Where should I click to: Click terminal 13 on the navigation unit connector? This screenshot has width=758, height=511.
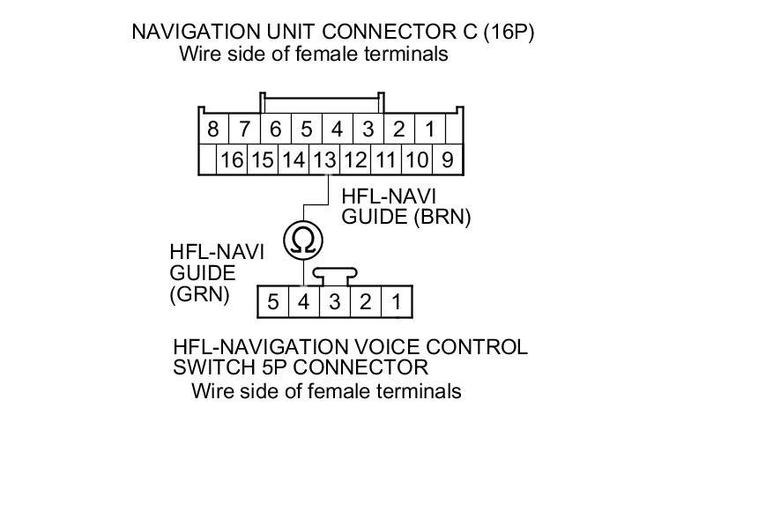click(x=324, y=159)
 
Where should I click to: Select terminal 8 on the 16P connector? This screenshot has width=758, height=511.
click(x=212, y=130)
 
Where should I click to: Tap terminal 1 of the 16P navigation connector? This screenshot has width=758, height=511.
click(x=429, y=130)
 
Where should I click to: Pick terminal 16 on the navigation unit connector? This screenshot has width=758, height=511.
click(x=232, y=159)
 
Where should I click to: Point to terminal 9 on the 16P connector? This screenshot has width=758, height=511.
click(x=447, y=159)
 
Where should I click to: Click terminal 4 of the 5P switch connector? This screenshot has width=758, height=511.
click(x=303, y=302)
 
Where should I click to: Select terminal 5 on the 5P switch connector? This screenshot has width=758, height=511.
click(x=273, y=302)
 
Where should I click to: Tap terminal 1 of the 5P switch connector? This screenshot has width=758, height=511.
click(x=397, y=302)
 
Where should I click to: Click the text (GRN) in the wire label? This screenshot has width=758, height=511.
click(x=199, y=294)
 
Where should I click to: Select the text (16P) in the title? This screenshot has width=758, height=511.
click(x=509, y=33)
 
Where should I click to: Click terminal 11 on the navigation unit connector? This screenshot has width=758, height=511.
click(x=385, y=159)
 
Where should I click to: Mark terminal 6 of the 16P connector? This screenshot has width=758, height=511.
click(x=275, y=130)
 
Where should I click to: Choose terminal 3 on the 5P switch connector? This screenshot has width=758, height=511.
click(x=334, y=302)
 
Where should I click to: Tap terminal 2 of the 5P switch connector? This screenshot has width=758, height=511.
click(x=365, y=302)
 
